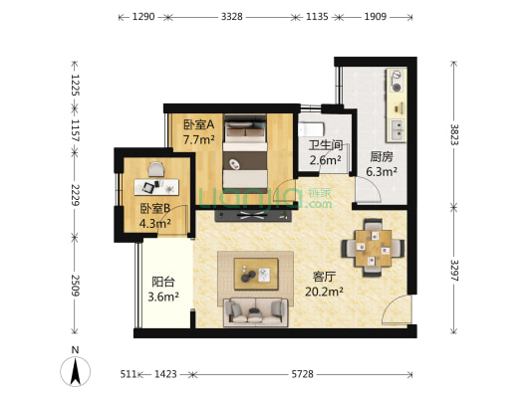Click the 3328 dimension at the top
point(232,17)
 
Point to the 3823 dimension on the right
point(454,134)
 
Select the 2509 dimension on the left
point(75,286)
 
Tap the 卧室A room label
point(199,124)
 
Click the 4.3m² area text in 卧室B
point(154,223)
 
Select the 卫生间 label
point(326,145)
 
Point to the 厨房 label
point(382,157)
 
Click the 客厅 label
point(324,277)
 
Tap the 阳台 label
point(163,282)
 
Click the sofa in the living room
point(256,312)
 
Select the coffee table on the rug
point(256,274)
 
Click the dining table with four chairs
point(373,248)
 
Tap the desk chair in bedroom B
point(155,169)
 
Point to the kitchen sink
point(397,130)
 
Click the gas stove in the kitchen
point(397,81)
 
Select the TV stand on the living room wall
point(253,216)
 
